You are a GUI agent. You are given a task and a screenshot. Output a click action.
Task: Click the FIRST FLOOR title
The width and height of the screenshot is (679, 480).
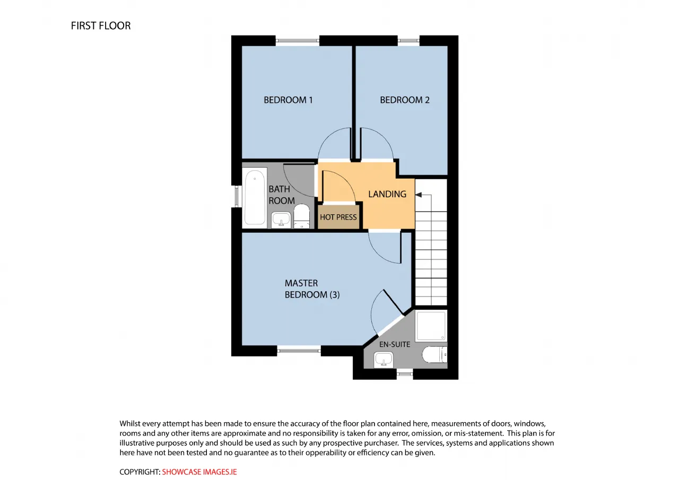(101, 26)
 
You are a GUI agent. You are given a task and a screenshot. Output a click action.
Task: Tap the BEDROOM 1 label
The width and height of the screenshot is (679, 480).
(288, 100)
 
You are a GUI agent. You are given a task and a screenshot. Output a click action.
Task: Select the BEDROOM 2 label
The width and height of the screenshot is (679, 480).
(405, 100)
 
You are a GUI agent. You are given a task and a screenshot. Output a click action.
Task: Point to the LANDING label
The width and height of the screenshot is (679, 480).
(387, 194)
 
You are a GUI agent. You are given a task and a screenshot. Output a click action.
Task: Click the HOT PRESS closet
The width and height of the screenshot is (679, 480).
(338, 217)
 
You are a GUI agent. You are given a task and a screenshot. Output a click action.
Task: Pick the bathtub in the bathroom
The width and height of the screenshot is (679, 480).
(255, 197)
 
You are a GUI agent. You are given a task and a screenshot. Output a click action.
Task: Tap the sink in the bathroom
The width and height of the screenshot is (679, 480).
(281, 220)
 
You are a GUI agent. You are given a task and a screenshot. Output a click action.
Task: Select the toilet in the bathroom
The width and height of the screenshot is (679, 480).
(302, 216)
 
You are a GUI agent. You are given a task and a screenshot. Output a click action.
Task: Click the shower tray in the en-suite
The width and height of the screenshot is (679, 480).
(431, 326)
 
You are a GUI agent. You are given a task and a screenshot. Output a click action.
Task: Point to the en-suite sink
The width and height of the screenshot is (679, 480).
(384, 360)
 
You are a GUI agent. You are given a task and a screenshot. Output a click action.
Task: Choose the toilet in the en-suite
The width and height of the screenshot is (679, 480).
(434, 354)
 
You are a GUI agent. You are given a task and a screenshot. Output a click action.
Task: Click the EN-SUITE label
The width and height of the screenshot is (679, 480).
(395, 344)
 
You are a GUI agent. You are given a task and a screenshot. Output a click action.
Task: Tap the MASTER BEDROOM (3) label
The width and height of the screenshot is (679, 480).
(312, 289)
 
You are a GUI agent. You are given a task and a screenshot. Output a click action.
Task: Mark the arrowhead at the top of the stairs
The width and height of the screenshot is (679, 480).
(419, 195)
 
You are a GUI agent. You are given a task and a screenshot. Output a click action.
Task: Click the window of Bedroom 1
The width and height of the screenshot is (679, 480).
(298, 41)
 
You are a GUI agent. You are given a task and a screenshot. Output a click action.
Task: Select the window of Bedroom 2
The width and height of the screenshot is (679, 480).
(408, 41)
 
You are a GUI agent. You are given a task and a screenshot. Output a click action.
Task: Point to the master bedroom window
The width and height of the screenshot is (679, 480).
(299, 351)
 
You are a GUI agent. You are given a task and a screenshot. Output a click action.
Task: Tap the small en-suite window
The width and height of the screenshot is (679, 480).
(405, 374)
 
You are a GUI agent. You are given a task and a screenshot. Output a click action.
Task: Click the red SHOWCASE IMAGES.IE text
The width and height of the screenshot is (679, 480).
(199, 472)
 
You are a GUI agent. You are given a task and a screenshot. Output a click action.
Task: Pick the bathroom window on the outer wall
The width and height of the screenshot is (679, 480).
(237, 196)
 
